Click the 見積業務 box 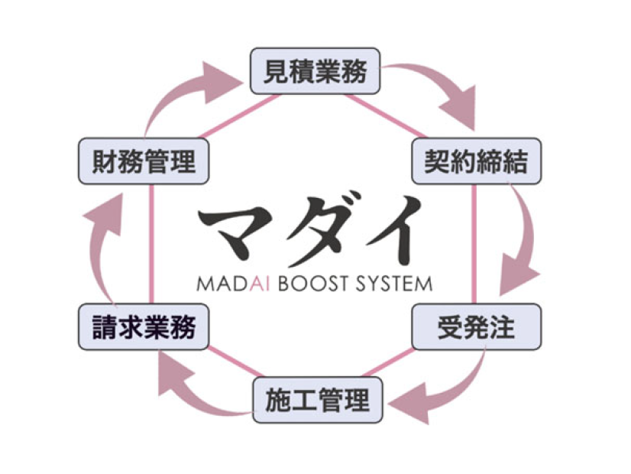pyautogui.click(x=315, y=72)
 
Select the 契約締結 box pyautogui.click(x=475, y=161)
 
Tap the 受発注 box pyautogui.click(x=475, y=327)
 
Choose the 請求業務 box pyautogui.click(x=143, y=327)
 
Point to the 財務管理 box pyautogui.click(x=143, y=161)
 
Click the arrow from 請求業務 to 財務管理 pyautogui.click(x=103, y=245)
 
